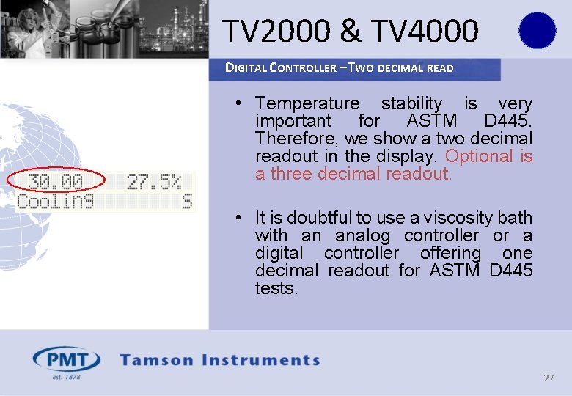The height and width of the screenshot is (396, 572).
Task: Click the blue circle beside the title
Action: [x=538, y=30]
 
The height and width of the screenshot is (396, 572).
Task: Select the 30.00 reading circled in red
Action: [x=56, y=181]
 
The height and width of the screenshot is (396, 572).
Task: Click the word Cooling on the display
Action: [x=55, y=201]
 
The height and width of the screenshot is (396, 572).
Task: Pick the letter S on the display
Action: [x=187, y=201]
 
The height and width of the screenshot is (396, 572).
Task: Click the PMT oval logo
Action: [x=67, y=360]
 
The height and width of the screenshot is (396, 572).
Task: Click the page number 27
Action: [x=549, y=378]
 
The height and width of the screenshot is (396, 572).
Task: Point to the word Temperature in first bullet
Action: [x=307, y=103]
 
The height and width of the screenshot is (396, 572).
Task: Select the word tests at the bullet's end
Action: [x=276, y=288]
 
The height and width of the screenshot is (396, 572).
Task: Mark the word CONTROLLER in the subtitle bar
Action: [x=303, y=68]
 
